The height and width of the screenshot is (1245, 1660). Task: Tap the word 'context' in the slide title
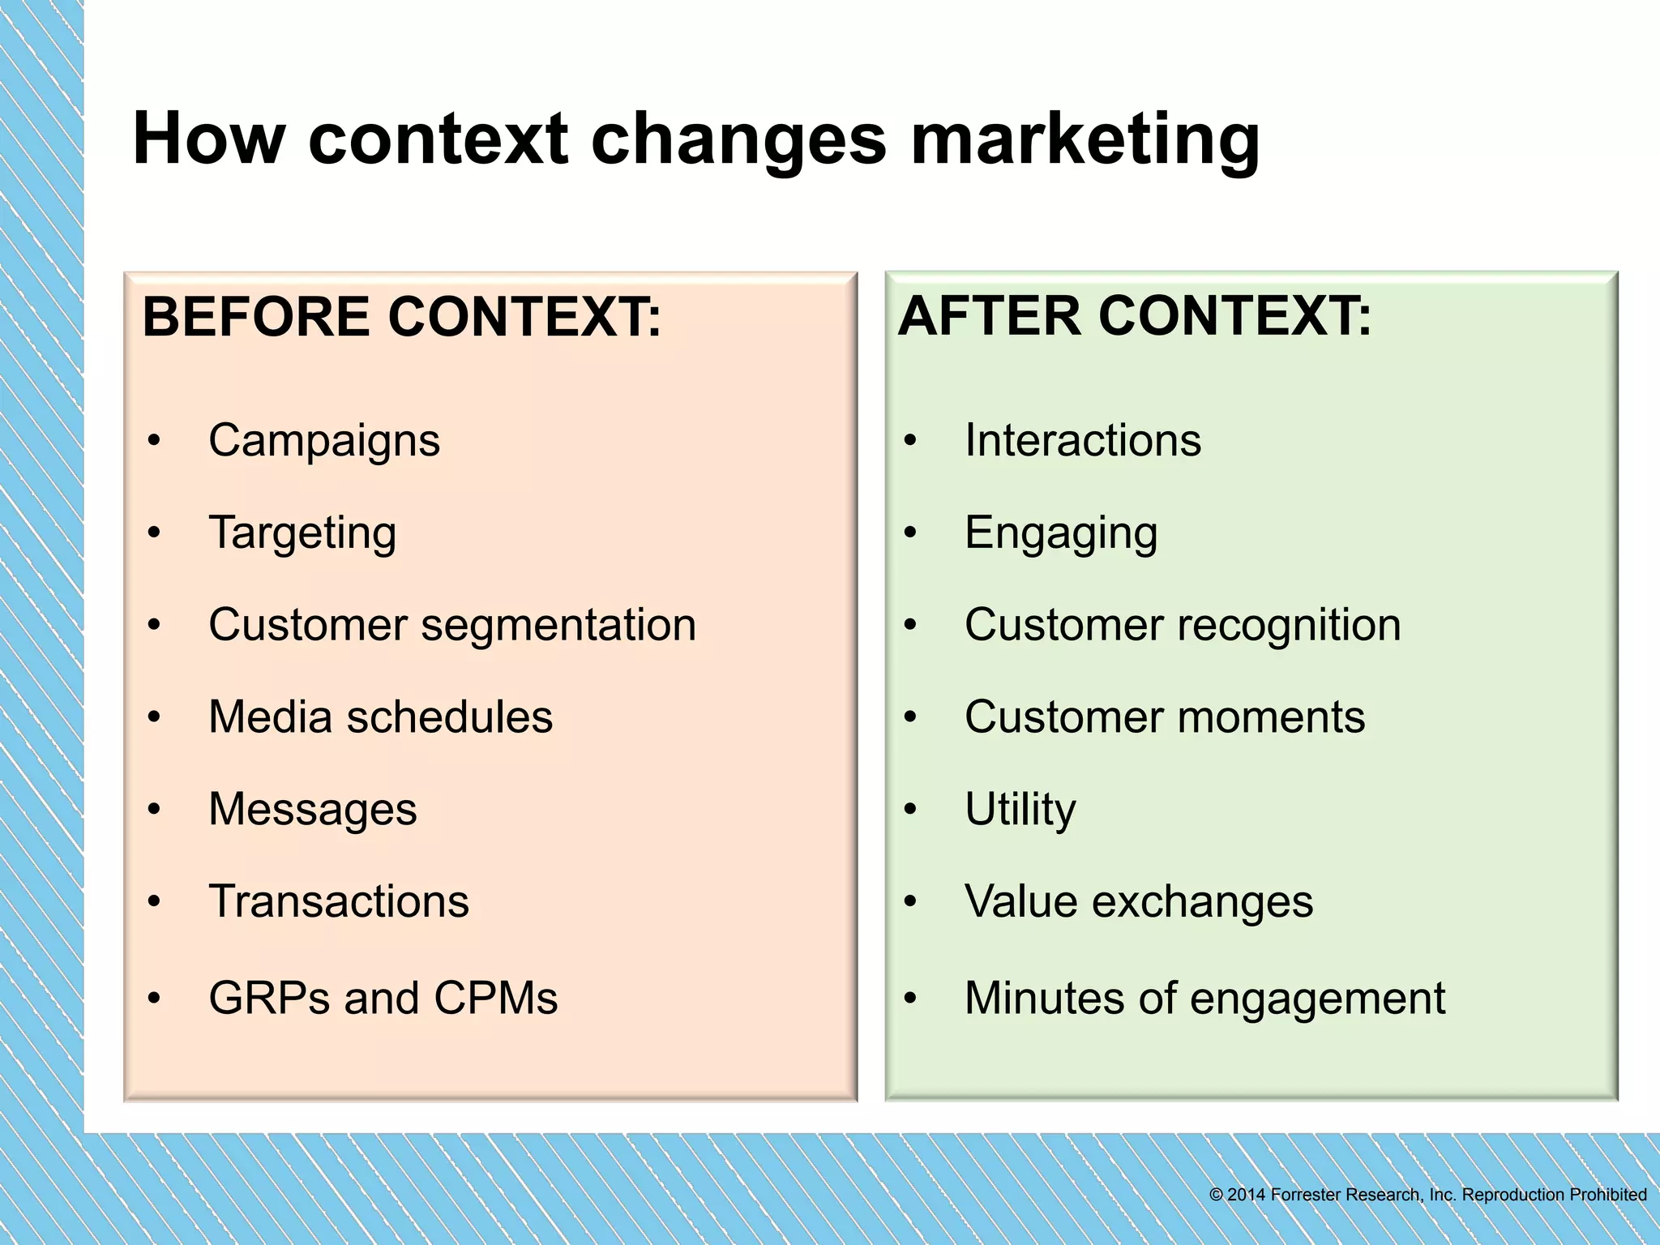438,139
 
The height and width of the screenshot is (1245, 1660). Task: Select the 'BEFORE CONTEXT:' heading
402,317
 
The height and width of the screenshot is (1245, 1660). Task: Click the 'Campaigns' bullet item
324,441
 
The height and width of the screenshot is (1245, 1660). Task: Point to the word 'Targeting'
302,533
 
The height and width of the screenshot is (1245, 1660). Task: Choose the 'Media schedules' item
380,717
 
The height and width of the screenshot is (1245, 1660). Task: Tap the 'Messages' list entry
313,810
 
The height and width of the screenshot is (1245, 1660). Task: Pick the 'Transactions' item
339,901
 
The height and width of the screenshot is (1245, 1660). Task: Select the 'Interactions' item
1083,441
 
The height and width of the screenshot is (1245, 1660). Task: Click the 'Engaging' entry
1061,533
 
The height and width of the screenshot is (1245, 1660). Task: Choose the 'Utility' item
1020,810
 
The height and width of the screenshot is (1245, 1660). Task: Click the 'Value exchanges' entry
1139,901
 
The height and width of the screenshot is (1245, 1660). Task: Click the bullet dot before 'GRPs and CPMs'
154,999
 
